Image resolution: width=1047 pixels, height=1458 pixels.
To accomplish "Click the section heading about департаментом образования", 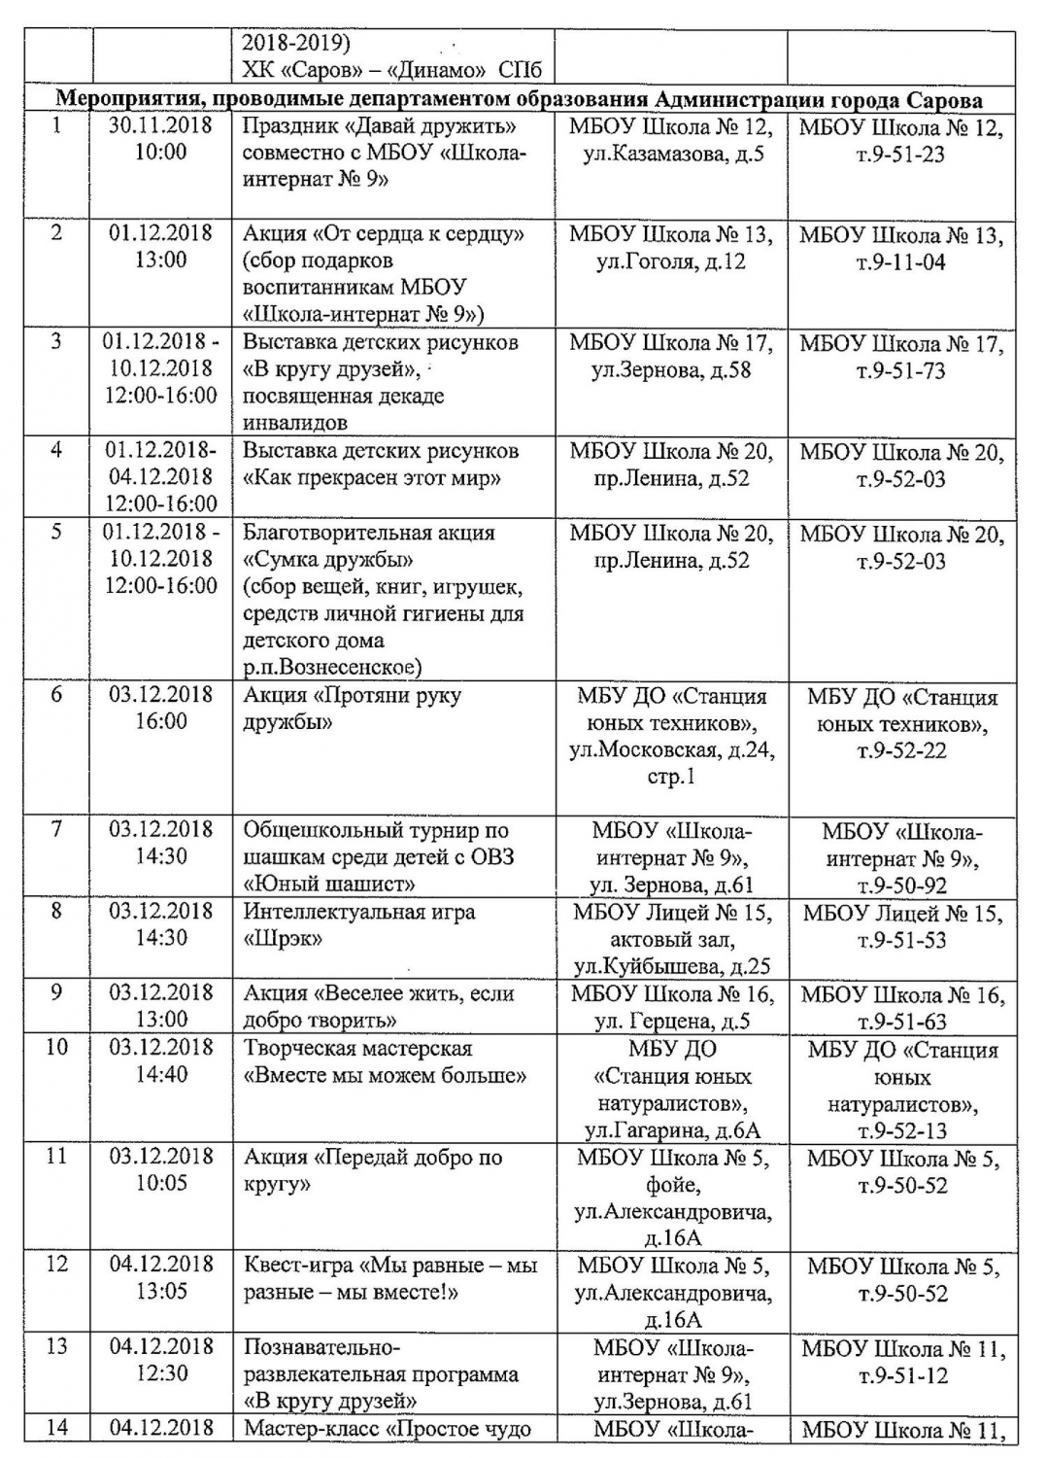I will point(519,100).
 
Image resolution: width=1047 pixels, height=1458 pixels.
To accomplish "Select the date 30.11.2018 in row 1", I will point(160,126).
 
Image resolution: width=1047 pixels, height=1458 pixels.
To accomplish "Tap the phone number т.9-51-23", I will point(900,155).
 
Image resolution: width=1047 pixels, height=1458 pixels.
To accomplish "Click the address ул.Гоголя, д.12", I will point(670,261).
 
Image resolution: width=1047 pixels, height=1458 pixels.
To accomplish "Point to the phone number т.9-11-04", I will point(900,261).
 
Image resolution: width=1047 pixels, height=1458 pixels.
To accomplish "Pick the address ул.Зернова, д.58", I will point(670,370).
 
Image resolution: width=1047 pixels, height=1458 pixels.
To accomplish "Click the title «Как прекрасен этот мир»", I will point(372,478).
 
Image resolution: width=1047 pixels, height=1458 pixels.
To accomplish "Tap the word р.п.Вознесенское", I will point(332,667).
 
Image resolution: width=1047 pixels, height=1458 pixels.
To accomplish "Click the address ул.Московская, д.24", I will point(671,749).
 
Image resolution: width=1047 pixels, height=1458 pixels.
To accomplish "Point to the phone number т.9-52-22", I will point(900,750).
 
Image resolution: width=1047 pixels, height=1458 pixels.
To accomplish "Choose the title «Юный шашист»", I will point(329,884).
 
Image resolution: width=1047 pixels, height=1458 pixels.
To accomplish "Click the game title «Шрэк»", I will point(283,939).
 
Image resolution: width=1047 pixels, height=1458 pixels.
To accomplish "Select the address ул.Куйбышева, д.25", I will point(671,967).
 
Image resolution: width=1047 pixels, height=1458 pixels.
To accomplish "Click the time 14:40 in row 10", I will point(161,1074).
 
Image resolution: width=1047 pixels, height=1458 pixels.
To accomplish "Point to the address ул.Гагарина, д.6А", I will point(671,1130).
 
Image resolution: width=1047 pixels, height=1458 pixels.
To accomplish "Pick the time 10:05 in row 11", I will point(161,1183).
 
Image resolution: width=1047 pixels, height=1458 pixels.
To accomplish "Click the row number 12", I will point(57,1264).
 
